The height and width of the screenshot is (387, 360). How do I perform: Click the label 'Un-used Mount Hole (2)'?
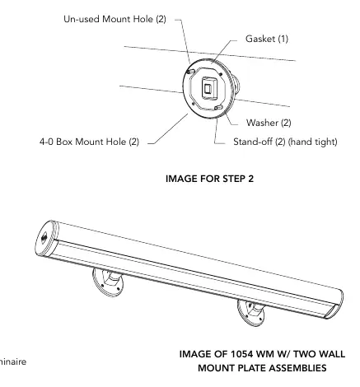[x=115, y=19]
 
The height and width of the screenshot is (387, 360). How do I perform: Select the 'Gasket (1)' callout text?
[x=267, y=39]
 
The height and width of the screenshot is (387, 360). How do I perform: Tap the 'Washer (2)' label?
[x=269, y=123]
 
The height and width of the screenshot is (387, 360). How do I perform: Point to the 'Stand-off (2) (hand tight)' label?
[x=285, y=142]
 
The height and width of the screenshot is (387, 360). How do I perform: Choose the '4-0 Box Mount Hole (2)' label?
[x=89, y=142]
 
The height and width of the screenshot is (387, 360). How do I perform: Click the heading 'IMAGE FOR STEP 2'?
[x=209, y=179]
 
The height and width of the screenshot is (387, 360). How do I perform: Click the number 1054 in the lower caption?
[x=241, y=354]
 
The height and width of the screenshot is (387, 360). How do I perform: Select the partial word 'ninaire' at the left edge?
[x=13, y=361]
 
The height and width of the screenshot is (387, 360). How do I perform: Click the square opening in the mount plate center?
[x=208, y=89]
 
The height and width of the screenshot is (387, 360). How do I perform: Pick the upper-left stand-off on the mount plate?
[x=191, y=72]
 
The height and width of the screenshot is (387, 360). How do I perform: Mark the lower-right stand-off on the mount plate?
[x=218, y=108]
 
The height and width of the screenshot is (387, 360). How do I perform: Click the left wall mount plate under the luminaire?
[x=108, y=282]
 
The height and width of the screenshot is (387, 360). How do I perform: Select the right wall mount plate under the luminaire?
[x=251, y=313]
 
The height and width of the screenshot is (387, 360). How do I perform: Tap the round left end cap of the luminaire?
[x=46, y=238]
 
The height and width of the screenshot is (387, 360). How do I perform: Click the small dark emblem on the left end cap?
[x=44, y=238]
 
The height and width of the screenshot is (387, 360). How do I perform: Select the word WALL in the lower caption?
[x=331, y=354]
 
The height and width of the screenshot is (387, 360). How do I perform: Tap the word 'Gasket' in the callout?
[x=260, y=39]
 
